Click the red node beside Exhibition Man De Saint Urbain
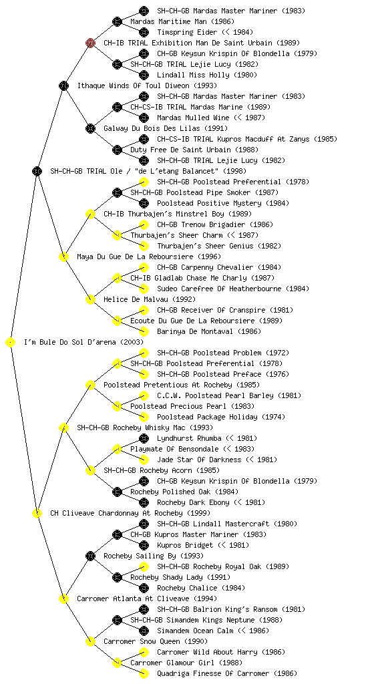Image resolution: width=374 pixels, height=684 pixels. tap(90, 43)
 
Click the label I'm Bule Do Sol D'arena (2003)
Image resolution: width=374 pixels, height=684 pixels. tap(83, 342)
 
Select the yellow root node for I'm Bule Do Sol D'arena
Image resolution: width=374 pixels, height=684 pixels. tap(11, 342)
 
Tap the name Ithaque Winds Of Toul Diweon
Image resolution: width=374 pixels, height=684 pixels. tap(134, 85)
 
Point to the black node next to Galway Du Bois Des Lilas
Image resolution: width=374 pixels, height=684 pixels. tap(90, 128)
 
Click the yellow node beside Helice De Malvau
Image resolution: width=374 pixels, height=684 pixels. tap(90, 299)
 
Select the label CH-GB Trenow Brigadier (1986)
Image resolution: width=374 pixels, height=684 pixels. tap(215, 224)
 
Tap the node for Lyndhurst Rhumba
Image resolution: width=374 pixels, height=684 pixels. tap(144, 438)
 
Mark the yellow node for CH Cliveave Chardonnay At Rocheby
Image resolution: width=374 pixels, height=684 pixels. tap(37, 513)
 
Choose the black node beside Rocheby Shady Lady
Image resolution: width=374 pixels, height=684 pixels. tap(117, 577)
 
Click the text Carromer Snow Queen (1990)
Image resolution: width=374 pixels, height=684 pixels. tap(156, 641)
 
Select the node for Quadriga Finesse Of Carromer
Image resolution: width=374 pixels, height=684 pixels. tap(144, 673)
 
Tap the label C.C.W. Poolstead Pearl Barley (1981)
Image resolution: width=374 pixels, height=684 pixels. tap(229, 395)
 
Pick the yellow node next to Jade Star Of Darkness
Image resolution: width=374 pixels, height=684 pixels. tap(144, 460)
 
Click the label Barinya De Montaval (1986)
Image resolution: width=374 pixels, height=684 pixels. tap(209, 331)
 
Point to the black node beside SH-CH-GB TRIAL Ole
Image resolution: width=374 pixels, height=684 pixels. tap(37, 171)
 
